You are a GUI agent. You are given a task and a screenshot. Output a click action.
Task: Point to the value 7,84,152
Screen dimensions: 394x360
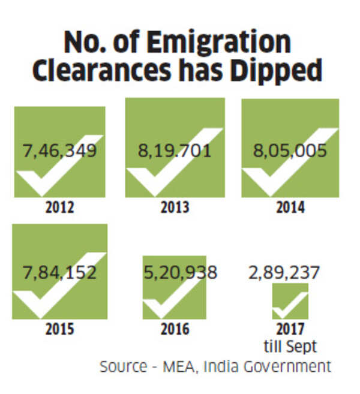(59, 272)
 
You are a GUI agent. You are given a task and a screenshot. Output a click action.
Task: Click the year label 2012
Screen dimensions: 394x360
(59, 208)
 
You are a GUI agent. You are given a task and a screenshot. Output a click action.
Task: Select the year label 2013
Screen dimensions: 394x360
(175, 208)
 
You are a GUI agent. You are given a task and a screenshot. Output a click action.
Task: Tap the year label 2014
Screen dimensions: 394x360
(290, 208)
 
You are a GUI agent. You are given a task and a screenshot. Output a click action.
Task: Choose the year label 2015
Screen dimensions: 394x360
(59, 330)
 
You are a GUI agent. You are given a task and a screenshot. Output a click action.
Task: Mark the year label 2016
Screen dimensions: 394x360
(175, 330)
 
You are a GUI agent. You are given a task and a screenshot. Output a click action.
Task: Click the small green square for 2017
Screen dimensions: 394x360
(290, 302)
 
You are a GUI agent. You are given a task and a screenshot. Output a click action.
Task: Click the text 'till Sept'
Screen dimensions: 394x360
(290, 345)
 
